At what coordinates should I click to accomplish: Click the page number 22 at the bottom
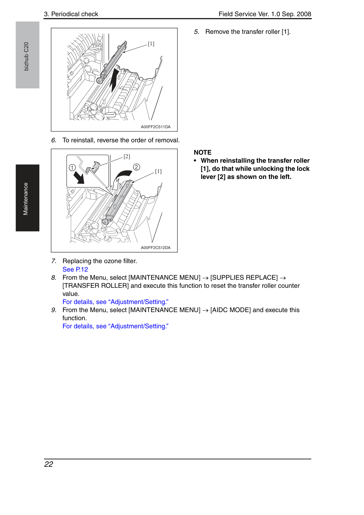point(49,464)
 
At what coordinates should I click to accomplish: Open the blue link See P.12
point(75,269)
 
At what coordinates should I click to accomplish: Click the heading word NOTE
point(202,153)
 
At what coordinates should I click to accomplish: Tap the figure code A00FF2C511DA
point(156,127)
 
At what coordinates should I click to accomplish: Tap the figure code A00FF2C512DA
point(156,248)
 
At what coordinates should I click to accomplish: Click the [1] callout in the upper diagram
point(151,44)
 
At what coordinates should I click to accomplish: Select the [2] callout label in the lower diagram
point(127,156)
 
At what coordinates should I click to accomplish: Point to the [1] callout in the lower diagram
point(158,171)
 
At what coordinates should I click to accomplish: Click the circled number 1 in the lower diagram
point(72,168)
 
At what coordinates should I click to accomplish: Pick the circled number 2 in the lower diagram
point(137,167)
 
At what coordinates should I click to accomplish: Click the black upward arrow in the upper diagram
point(114,79)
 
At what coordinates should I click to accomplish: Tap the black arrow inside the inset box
point(79,178)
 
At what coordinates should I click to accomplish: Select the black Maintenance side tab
point(27,198)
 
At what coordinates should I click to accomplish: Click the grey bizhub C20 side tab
point(27,55)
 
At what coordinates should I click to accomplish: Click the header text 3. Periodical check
point(71,14)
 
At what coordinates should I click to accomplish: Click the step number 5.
point(196,32)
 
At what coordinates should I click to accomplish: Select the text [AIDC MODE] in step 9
point(231,310)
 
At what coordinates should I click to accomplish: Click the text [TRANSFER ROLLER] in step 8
point(96,286)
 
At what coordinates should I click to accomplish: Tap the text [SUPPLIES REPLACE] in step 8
point(244,278)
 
